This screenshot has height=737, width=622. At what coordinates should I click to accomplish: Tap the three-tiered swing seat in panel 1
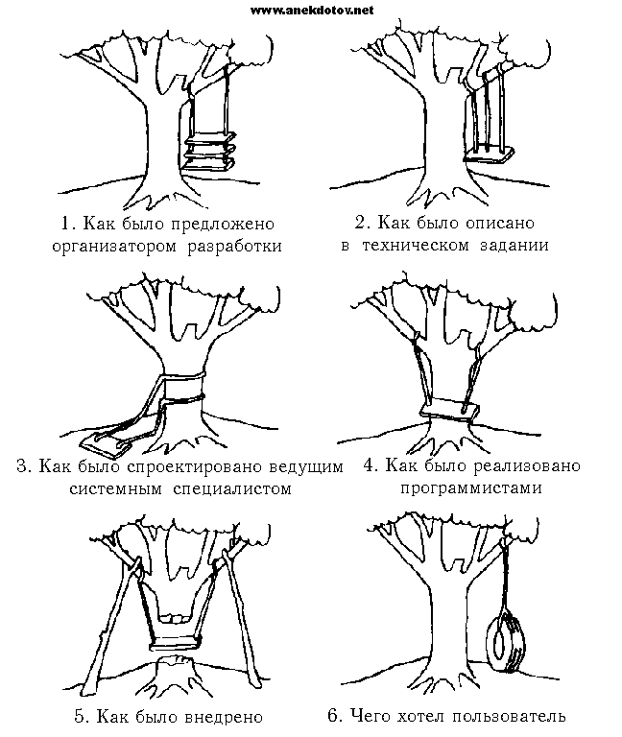coord(210,153)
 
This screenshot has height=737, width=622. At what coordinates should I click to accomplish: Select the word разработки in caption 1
coord(237,245)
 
